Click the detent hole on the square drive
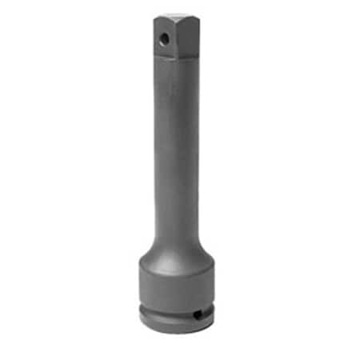163,38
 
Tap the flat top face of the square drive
177,16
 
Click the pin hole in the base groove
197,313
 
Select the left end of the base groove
141,305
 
